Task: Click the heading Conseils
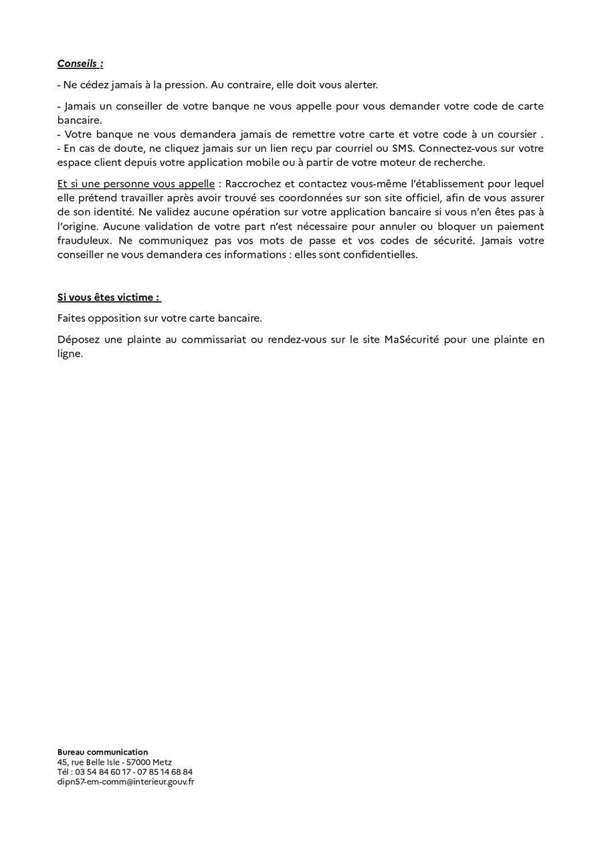coord(80,64)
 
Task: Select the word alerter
coord(358,85)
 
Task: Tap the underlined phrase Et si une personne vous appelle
coord(136,183)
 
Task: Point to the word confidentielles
coord(380,254)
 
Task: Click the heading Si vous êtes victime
coord(109,297)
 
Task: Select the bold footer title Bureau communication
coord(103,752)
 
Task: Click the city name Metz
coord(162,762)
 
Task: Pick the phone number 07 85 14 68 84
coord(165,771)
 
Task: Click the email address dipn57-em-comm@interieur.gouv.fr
coord(126,781)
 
